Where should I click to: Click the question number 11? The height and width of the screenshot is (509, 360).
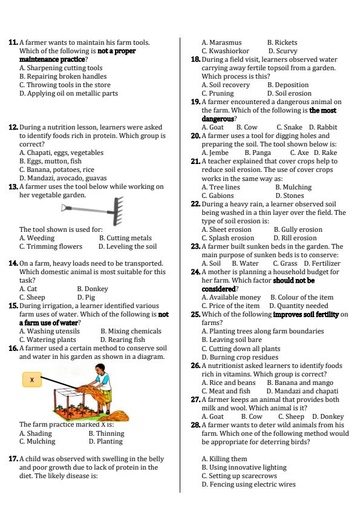pyautogui.click(x=13, y=43)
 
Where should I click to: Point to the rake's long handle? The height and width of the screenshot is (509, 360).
pyautogui.click(x=85, y=209)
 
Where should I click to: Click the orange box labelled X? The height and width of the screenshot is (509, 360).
pyautogui.click(x=31, y=379)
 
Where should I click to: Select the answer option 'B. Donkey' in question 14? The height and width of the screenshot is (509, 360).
pyautogui.click(x=92, y=289)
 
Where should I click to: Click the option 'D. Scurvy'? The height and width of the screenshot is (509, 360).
pyautogui.click(x=283, y=51)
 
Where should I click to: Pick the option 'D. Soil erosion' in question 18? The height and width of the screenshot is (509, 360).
pyautogui.click(x=289, y=94)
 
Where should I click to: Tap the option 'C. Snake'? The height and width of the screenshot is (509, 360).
pyautogui.click(x=289, y=128)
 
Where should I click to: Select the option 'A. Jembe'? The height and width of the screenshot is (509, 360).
pyautogui.click(x=215, y=153)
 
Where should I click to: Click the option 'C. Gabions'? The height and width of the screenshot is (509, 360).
pyautogui.click(x=217, y=196)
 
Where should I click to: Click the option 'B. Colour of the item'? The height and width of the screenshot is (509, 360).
pyautogui.click(x=301, y=298)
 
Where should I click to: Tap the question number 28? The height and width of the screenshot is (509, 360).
pyautogui.click(x=195, y=425)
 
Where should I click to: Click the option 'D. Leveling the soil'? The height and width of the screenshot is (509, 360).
pyautogui.click(x=127, y=247)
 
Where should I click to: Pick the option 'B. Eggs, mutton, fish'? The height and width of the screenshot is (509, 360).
pyautogui.click(x=50, y=162)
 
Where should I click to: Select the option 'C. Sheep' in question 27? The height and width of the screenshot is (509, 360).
pyautogui.click(x=291, y=417)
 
